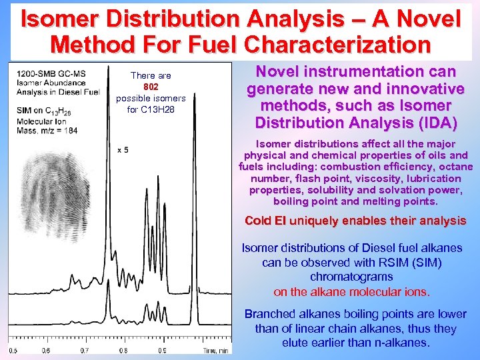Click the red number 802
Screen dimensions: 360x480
coord(151,87)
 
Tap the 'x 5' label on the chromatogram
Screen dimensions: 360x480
coord(123,149)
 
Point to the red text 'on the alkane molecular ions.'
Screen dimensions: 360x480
coord(351,291)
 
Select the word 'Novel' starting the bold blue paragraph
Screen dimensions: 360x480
coord(283,72)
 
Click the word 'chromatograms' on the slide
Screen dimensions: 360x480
coord(351,277)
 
